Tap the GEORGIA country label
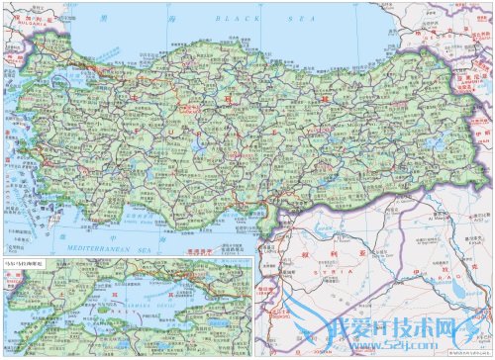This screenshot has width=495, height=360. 436,39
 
